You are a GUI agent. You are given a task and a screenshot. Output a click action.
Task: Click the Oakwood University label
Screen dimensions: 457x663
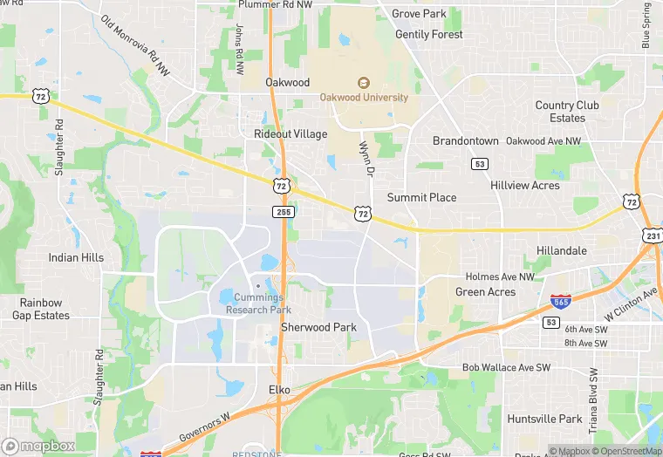[364, 98]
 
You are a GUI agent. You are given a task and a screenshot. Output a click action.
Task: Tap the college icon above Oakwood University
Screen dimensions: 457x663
[364, 83]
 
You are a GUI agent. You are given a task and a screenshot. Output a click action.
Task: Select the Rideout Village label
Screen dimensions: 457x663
[290, 134]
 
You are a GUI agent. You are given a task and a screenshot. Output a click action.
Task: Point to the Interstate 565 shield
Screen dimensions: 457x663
[562, 303]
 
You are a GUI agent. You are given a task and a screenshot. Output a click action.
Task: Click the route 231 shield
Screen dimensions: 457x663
[653, 235]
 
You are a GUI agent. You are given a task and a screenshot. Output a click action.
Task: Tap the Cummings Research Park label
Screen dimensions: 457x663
[258, 304]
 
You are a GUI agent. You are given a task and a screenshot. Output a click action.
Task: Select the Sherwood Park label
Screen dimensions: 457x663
[318, 328]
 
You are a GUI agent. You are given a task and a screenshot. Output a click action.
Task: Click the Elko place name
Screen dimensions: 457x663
[279, 389]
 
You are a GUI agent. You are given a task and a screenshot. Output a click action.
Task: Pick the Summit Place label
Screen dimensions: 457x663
[421, 198]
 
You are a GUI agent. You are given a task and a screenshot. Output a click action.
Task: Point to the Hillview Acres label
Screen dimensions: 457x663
[525, 186]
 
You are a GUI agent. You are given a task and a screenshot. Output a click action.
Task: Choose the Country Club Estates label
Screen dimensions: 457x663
[567, 112]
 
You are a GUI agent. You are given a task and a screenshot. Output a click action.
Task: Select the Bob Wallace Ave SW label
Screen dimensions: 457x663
[507, 368]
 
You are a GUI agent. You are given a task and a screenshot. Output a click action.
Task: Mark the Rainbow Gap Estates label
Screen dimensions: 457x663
[41, 309]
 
